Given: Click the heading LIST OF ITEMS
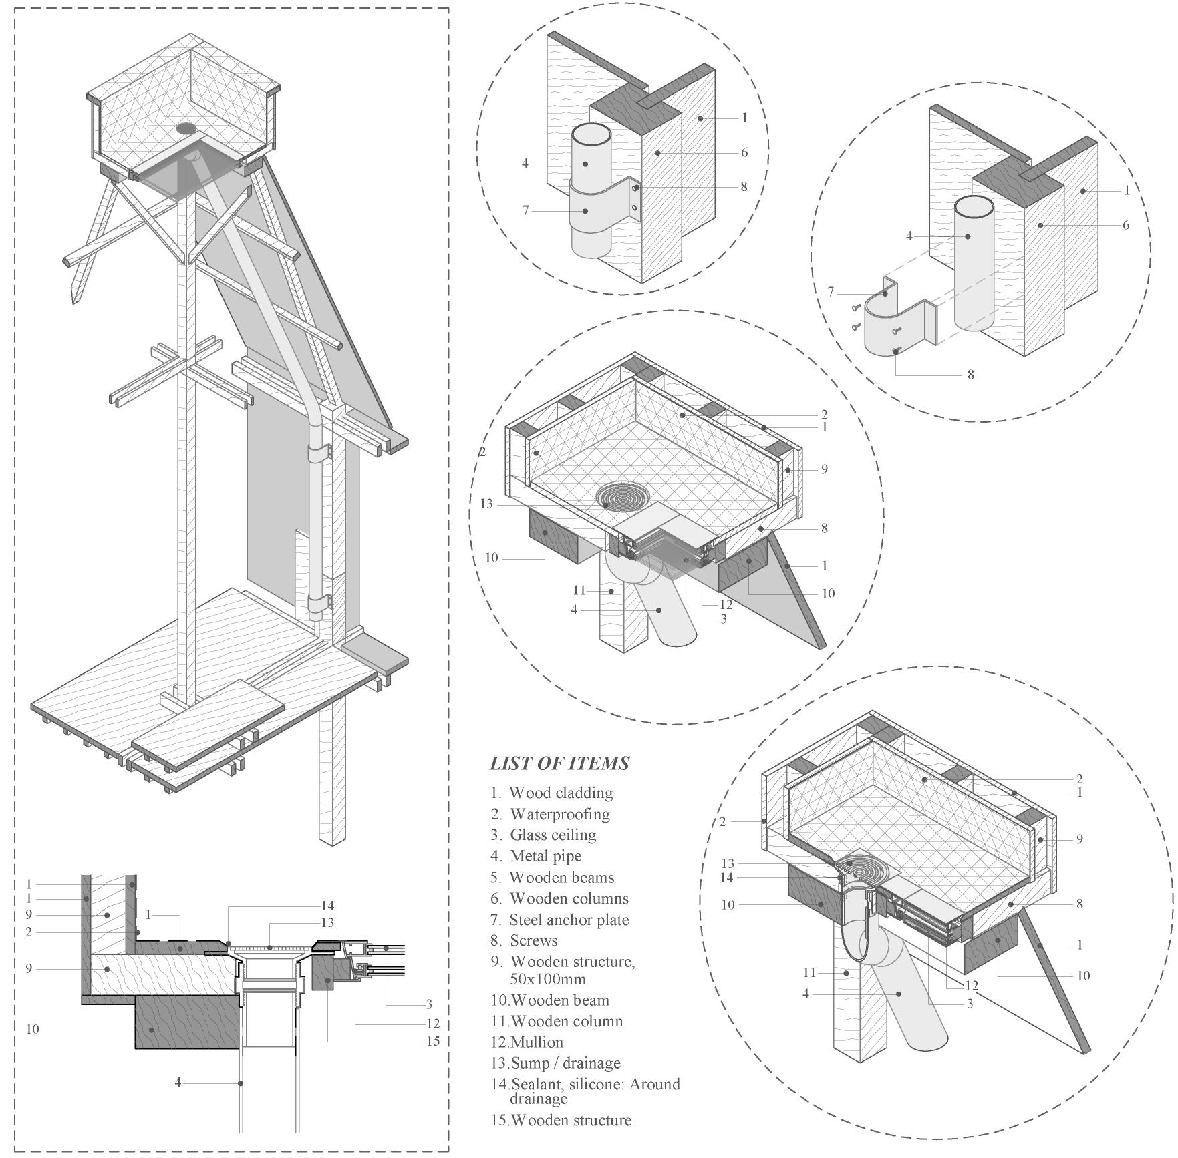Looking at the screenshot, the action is (559, 763).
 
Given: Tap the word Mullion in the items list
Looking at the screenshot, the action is (537, 1042).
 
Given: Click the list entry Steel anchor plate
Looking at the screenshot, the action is (569, 920).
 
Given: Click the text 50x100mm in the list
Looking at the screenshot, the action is (547, 979).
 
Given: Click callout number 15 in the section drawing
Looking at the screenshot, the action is (432, 1041).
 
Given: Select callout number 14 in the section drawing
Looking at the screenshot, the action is (327, 906).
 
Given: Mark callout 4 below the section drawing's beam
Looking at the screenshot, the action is (178, 1082).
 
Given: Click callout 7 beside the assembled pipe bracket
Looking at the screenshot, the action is (526, 210).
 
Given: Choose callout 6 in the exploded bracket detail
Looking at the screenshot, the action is (1126, 225).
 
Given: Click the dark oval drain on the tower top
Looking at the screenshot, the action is (186, 128).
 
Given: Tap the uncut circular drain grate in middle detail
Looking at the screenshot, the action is (622, 497).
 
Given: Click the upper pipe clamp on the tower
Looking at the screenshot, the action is (319, 453).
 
